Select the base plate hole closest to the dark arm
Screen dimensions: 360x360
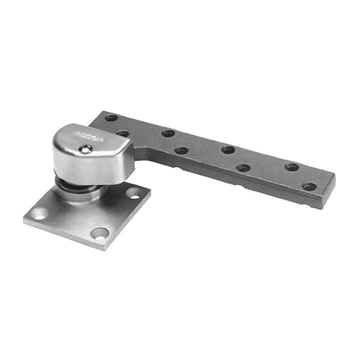(x=135, y=192)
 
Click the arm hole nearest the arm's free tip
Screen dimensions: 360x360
(x=309, y=186)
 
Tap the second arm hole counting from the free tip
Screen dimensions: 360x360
(x=292, y=167)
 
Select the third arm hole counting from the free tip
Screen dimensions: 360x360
(x=244, y=168)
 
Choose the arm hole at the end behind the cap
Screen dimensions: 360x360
(x=110, y=117)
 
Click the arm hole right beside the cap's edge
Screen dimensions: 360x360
(x=123, y=133)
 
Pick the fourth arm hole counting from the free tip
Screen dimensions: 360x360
(x=228, y=150)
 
